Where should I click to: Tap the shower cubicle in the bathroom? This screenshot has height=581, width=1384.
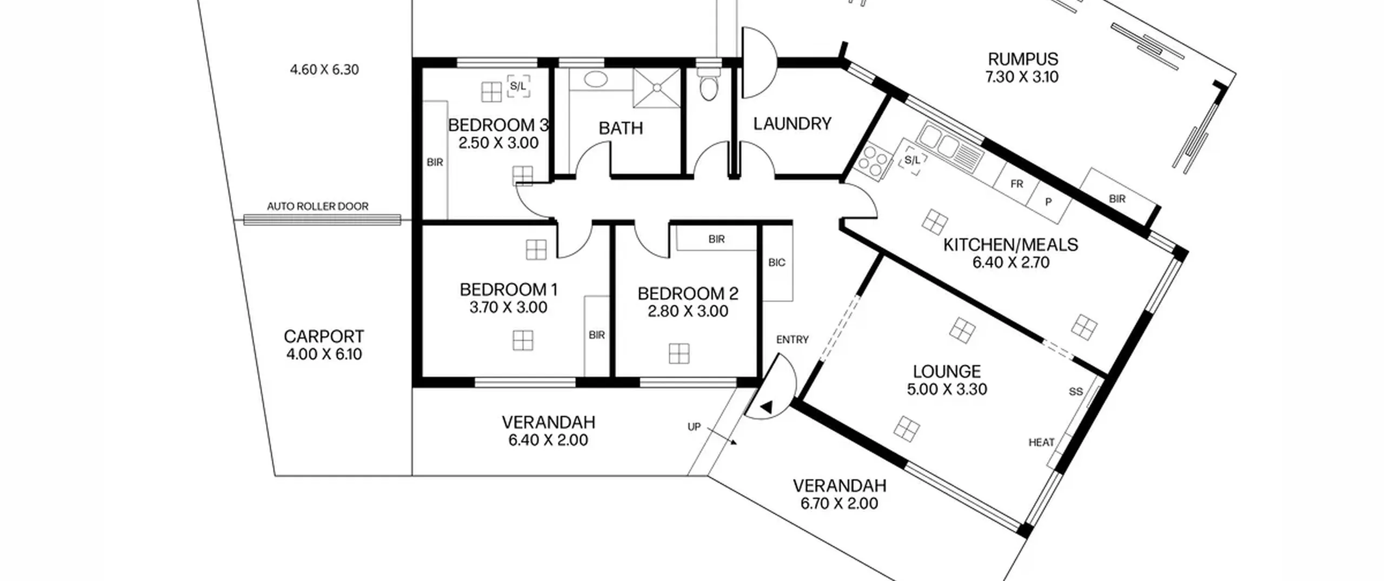point(657,88)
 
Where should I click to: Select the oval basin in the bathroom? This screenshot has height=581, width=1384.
point(595,79)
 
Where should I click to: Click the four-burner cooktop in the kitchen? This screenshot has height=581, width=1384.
point(871,160)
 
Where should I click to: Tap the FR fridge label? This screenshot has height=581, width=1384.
point(1017,184)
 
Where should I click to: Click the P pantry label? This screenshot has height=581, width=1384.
point(1048,202)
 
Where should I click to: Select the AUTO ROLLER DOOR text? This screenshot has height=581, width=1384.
point(317,206)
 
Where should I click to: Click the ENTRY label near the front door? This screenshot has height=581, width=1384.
point(793,339)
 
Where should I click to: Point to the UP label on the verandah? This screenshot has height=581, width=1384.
point(694,427)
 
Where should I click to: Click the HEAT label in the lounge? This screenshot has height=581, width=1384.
point(1041,443)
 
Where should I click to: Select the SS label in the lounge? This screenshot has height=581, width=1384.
point(1076,391)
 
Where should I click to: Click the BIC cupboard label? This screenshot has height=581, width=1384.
point(777,263)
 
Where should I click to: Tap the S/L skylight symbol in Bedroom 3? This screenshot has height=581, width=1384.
point(518,86)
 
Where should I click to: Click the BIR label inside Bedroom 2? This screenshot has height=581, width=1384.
point(716,239)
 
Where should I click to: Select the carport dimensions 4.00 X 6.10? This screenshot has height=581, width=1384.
point(324,355)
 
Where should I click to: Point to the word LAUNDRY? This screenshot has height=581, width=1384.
point(792,124)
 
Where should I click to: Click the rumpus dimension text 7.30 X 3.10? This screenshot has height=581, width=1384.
point(1022,77)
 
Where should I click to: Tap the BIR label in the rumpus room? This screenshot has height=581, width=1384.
point(1117,199)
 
